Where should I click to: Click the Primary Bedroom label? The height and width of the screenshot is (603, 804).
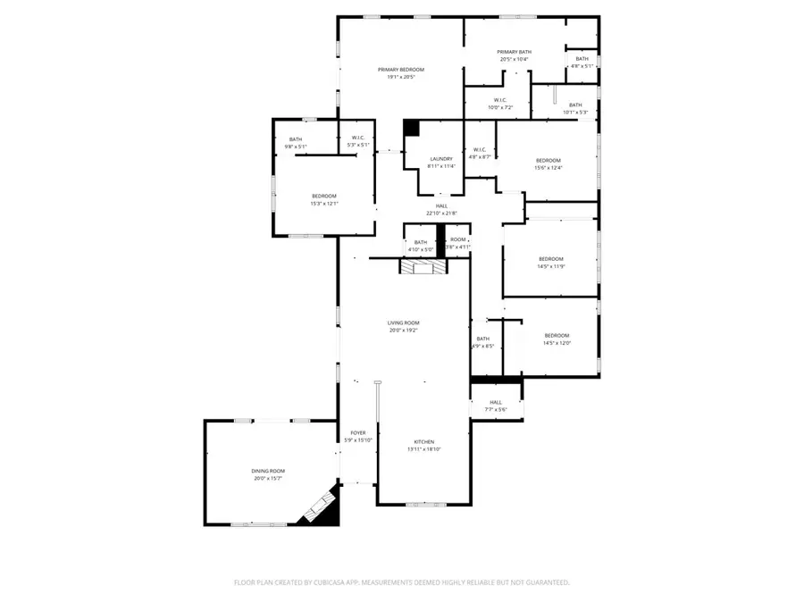click(400, 70)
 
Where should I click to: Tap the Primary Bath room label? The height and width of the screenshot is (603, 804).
click(515, 52)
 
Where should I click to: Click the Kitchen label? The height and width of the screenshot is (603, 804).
click(423, 442)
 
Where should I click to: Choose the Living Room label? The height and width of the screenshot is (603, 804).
click(403, 323)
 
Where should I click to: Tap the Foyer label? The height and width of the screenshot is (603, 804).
click(356, 432)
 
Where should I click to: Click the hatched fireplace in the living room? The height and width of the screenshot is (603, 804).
click(417, 267)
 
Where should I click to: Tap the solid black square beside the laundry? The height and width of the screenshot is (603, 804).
click(411, 128)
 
